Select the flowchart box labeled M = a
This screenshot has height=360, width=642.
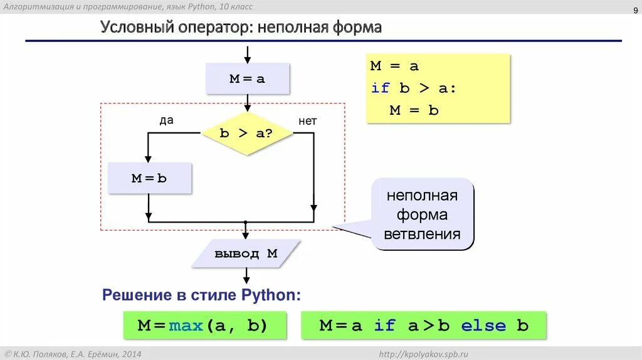pyautogui.click(x=248, y=79)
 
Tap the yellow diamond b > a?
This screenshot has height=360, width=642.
pyautogui.click(x=248, y=134)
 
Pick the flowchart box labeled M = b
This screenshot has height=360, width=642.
pyautogui.click(x=149, y=177)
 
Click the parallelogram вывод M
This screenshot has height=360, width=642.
pyautogui.click(x=246, y=254)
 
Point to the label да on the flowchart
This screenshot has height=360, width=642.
pyautogui.click(x=166, y=120)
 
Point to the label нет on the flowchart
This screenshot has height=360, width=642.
pyautogui.click(x=307, y=121)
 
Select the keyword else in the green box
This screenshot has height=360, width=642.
pyautogui.click(x=483, y=326)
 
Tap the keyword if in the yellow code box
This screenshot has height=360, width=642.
pyautogui.click(x=380, y=88)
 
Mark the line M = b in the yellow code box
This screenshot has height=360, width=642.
pyautogui.click(x=414, y=110)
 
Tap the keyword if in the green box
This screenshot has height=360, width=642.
pyautogui.click(x=385, y=326)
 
